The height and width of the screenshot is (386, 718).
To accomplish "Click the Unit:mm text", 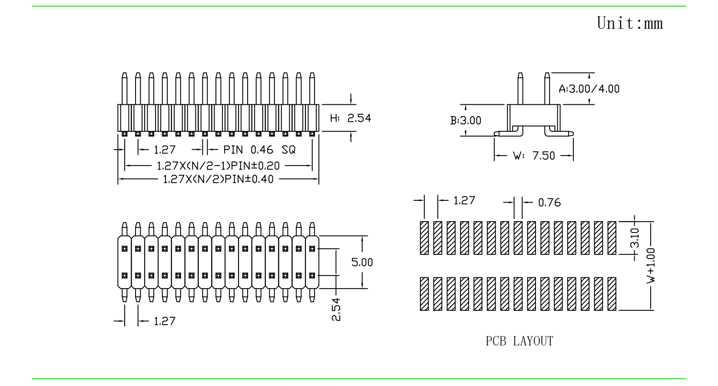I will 629,23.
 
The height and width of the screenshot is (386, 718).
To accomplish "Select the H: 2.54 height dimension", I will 350,118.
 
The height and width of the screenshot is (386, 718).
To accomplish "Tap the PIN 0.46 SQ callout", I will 259,150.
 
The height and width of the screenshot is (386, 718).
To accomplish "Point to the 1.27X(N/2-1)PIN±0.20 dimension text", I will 218,166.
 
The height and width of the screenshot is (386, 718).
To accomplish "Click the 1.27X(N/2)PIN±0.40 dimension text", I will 218,179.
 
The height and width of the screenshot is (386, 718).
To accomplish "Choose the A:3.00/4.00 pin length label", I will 589,89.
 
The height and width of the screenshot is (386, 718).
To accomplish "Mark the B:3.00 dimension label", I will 466,120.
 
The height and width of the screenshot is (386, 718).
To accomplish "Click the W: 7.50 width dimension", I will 534,156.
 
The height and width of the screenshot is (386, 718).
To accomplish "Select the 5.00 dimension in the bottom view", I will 362,262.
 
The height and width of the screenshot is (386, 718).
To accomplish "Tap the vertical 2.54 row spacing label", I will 336,309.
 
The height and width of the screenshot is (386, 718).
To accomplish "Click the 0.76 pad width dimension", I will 549,203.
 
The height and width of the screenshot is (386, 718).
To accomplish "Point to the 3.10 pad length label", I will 635,238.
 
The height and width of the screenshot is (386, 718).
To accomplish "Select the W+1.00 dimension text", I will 651,266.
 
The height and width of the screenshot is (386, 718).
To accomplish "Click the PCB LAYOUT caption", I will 519,341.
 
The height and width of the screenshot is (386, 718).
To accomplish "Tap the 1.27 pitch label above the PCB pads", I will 464,200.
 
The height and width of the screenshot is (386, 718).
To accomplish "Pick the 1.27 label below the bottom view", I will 165,321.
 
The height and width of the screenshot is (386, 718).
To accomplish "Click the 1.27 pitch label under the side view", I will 165,150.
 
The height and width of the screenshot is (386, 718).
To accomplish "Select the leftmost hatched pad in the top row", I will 424,238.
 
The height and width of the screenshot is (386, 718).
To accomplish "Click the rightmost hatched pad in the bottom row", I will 612,294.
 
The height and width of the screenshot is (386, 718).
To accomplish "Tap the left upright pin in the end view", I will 520,88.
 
